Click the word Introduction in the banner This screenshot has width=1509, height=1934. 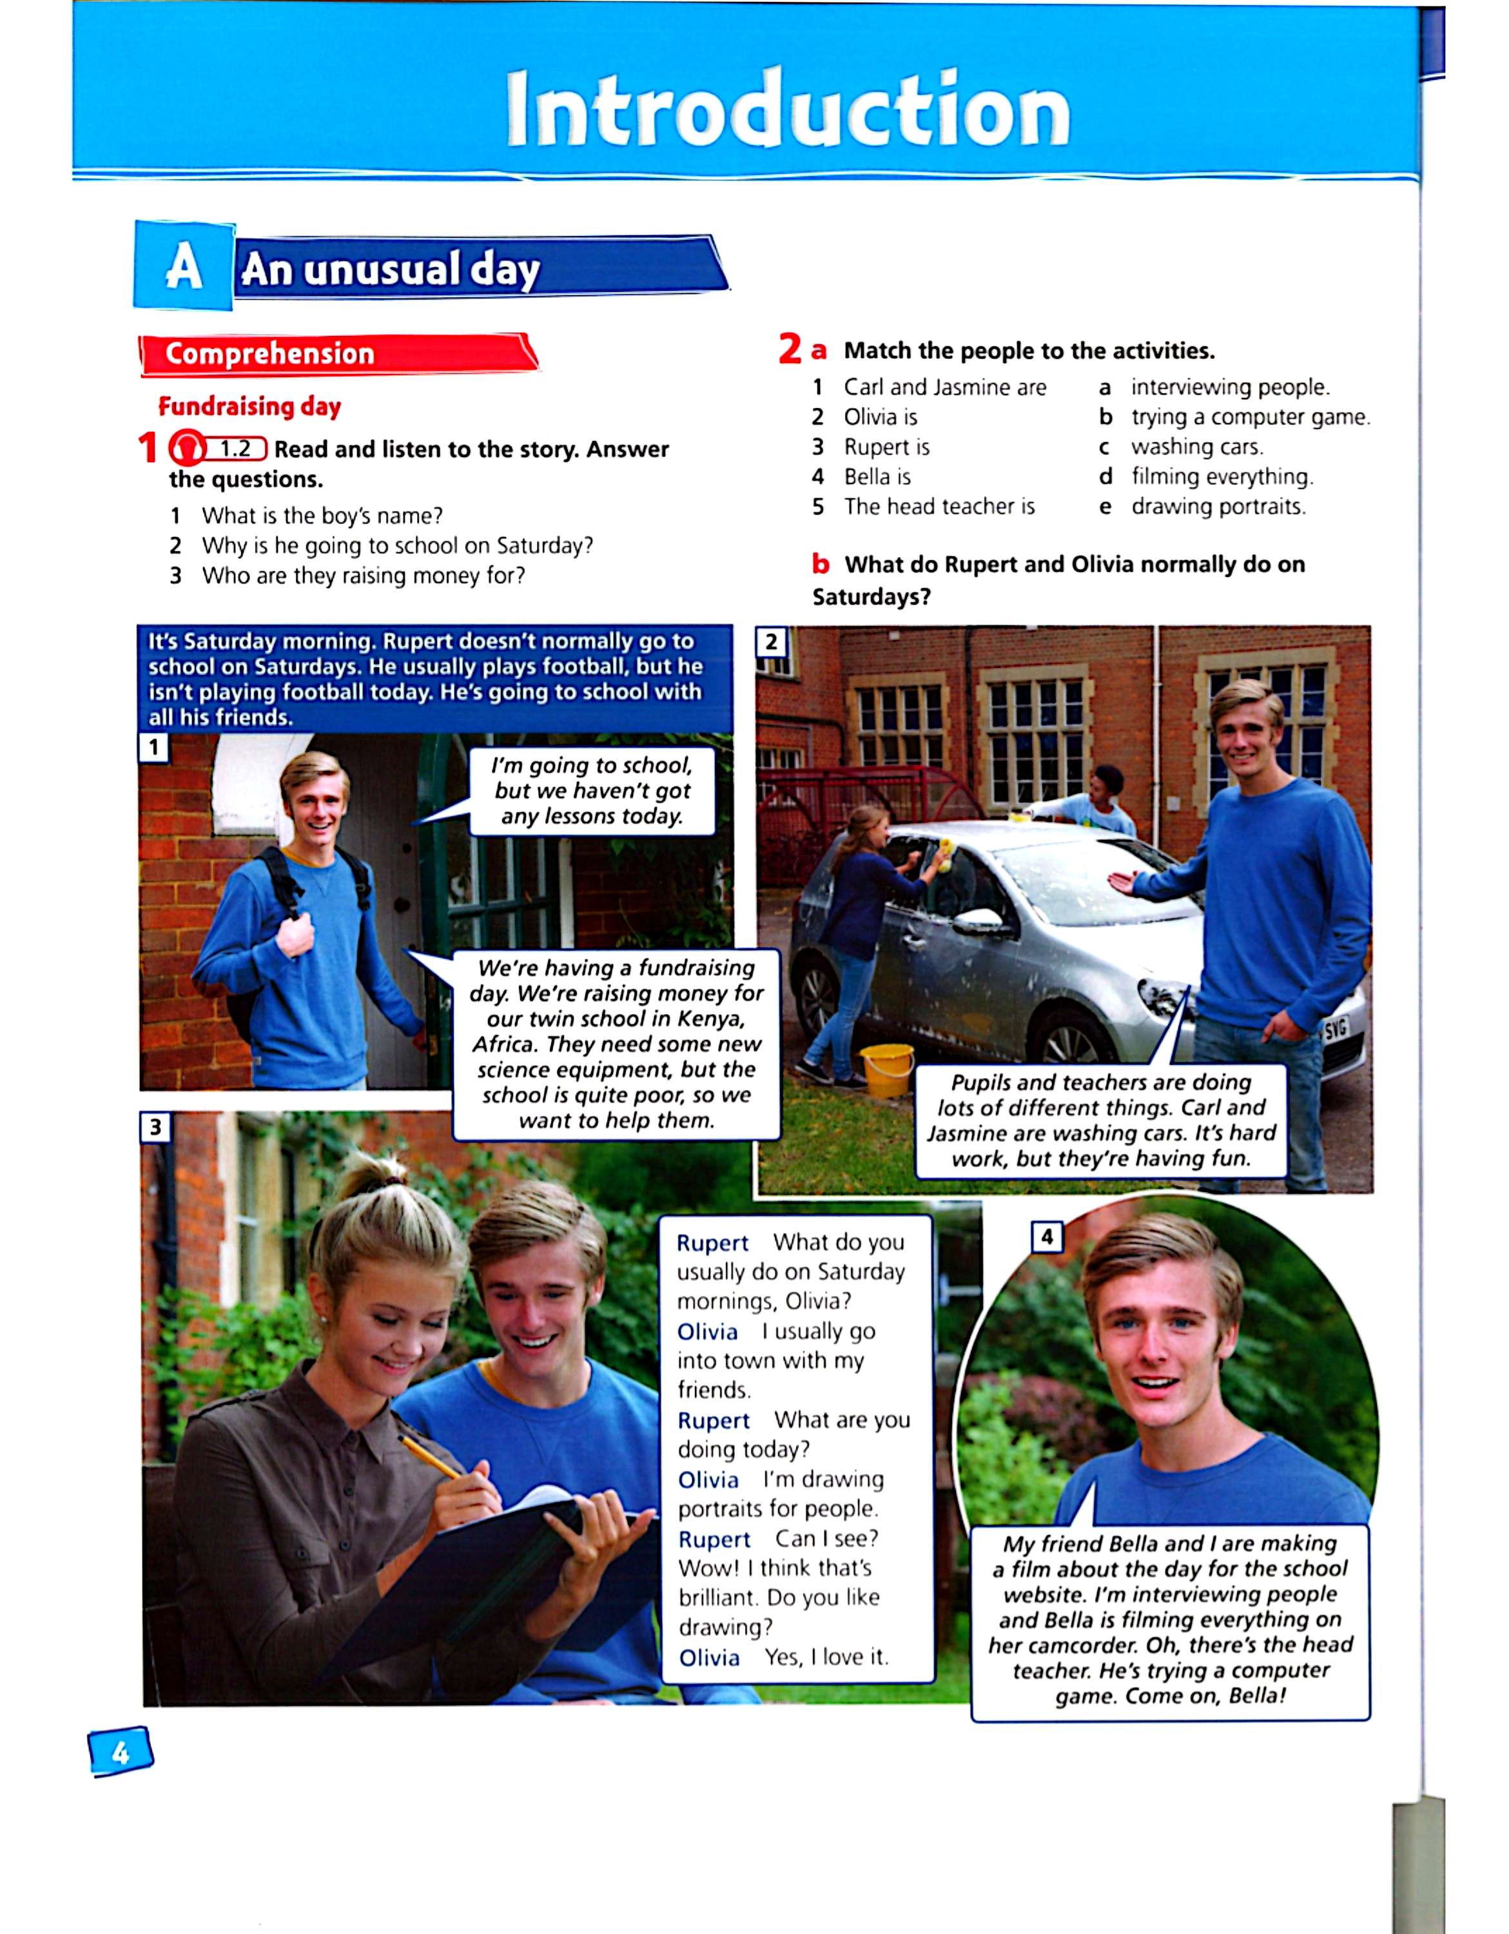(x=788, y=111)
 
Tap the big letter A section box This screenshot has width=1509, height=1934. (x=183, y=268)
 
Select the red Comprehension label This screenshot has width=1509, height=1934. (x=269, y=353)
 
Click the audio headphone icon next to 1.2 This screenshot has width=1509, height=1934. (x=185, y=450)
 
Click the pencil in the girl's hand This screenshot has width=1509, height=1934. (x=431, y=1458)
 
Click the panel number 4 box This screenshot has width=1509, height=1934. (x=1047, y=1237)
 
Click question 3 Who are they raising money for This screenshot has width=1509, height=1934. (x=362, y=576)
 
